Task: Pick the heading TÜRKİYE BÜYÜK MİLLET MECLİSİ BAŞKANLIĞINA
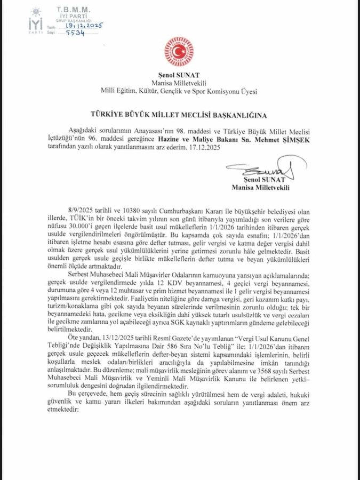180,114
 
